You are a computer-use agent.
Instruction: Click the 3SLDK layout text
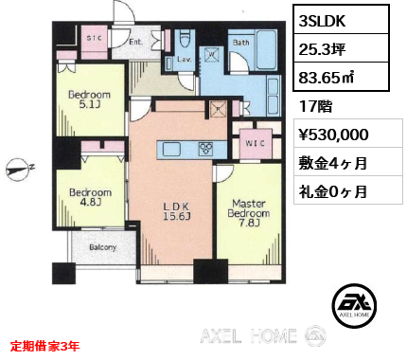click(322, 21)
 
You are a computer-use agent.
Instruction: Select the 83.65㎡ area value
click(327, 78)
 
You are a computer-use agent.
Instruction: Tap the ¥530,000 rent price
click(333, 135)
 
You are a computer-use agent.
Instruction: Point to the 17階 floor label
click(315, 106)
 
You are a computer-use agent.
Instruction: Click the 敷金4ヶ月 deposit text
click(333, 163)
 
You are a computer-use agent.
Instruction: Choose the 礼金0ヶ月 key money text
click(333, 191)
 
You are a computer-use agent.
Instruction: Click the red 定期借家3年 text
click(44, 346)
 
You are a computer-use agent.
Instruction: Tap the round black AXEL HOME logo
click(354, 305)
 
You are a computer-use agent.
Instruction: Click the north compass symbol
click(18, 170)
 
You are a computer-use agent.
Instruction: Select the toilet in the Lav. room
click(184, 42)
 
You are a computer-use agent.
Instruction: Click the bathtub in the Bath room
click(267, 50)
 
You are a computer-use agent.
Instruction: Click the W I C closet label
click(256, 143)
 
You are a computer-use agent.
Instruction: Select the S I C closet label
click(95, 38)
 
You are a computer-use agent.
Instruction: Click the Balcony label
click(103, 247)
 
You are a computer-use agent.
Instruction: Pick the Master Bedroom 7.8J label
click(249, 213)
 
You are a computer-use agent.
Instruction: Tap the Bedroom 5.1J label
click(89, 99)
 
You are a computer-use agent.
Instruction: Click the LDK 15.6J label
click(176, 211)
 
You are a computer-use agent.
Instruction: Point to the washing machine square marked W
click(212, 54)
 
